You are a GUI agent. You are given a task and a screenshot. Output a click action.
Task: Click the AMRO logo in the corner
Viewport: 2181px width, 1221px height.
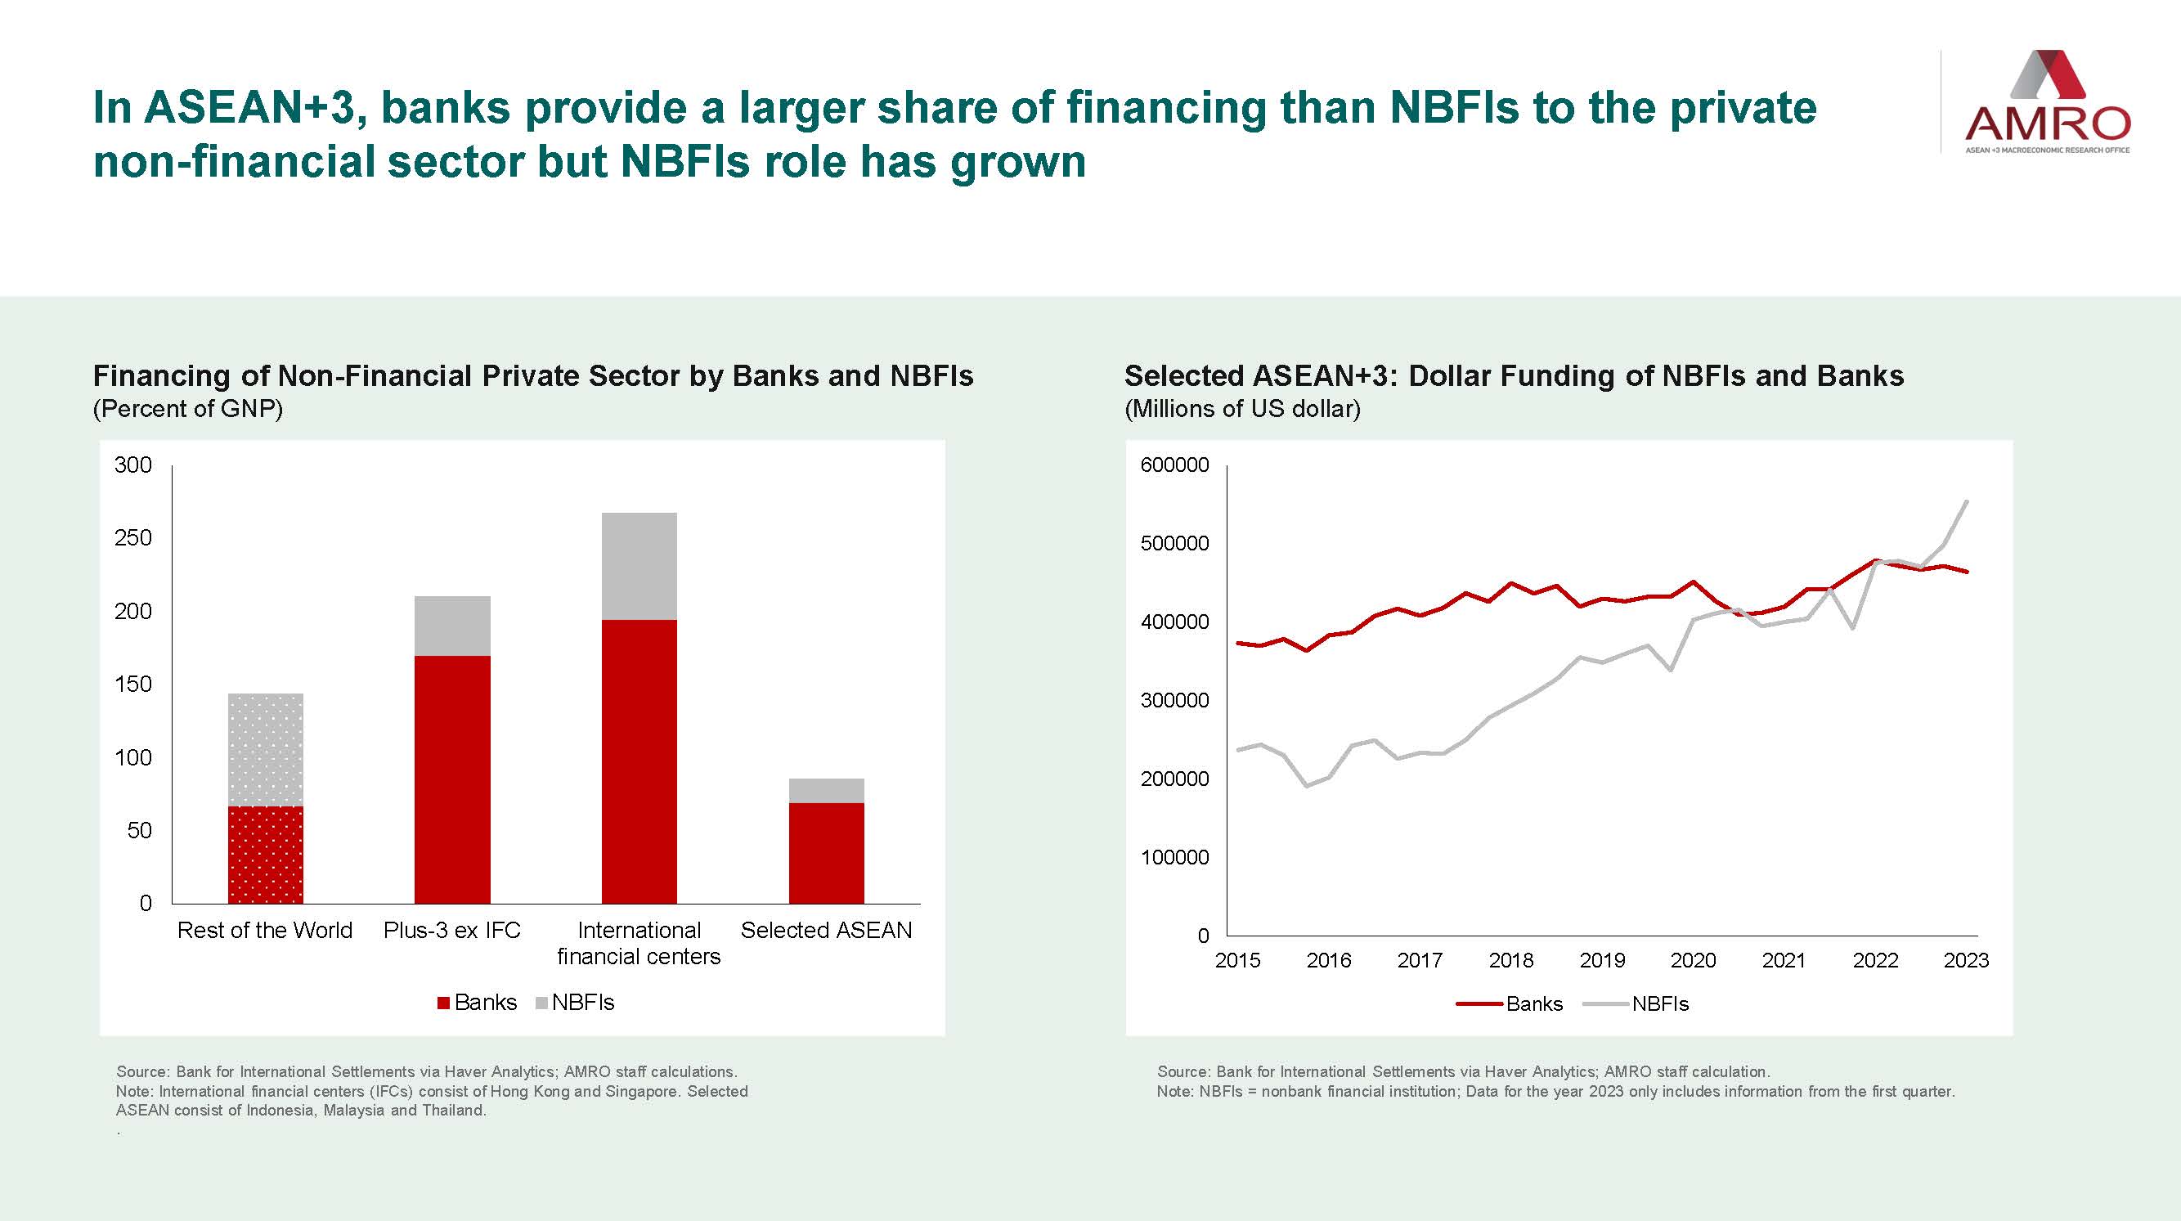pyautogui.click(x=2046, y=102)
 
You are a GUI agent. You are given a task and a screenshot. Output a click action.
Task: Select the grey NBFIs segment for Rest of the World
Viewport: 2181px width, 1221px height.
pyautogui.click(x=266, y=749)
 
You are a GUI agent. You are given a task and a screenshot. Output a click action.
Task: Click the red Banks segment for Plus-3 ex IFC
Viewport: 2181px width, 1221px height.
pyautogui.click(x=452, y=779)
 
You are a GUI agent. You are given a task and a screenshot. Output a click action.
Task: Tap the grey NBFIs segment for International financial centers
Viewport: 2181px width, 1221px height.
pyautogui.click(x=639, y=566)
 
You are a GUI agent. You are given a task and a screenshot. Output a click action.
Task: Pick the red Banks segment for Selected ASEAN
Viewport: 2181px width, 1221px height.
pyautogui.click(x=826, y=853)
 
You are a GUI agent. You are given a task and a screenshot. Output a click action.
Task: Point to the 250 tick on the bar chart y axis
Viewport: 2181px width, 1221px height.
pyautogui.click(x=133, y=538)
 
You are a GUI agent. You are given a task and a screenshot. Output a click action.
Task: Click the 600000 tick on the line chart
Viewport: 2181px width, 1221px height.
pyautogui.click(x=1174, y=465)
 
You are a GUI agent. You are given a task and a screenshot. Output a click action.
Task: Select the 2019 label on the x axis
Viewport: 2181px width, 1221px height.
pyautogui.click(x=1602, y=961)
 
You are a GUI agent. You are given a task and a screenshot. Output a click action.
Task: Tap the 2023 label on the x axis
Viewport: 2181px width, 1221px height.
pyautogui.click(x=1966, y=961)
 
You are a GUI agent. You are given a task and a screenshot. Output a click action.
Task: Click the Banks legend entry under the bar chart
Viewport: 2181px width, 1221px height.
pyautogui.click(x=477, y=1003)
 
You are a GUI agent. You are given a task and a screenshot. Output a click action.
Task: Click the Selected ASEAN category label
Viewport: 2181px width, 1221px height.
pyautogui.click(x=826, y=931)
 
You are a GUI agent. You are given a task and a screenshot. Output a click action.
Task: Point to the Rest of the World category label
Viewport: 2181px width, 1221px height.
pyautogui.click(x=265, y=931)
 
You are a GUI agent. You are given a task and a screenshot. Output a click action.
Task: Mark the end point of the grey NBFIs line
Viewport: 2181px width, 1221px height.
pyautogui.click(x=1967, y=501)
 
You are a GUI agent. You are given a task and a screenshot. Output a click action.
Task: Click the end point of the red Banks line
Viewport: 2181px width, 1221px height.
pyautogui.click(x=1967, y=572)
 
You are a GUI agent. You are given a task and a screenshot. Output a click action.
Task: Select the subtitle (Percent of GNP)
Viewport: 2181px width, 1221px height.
pyautogui.click(x=188, y=409)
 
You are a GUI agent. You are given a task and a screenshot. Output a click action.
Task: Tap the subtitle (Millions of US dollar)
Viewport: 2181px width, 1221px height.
pyautogui.click(x=1242, y=409)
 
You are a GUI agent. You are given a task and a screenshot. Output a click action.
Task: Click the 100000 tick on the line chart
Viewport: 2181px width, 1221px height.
pyautogui.click(x=1174, y=858)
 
